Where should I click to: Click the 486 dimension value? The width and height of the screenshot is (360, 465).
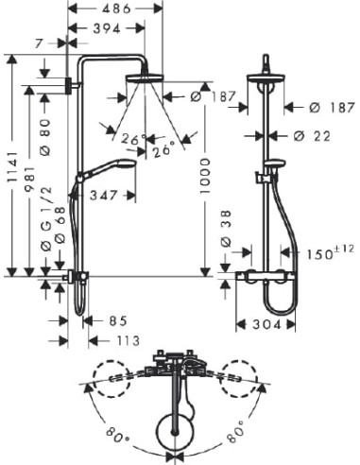click(116, 9)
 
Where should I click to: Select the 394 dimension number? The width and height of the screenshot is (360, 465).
click(107, 28)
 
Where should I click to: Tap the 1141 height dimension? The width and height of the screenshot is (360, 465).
click(12, 167)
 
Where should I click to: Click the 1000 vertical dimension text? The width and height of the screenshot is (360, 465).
click(205, 177)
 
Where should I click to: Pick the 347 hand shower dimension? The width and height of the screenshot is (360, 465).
click(104, 196)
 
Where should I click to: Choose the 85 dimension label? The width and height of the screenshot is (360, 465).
click(118, 321)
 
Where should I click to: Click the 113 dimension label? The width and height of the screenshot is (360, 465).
click(128, 340)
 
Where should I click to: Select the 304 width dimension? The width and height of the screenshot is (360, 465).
click(266, 324)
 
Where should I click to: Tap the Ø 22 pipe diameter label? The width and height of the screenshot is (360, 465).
click(312, 136)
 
